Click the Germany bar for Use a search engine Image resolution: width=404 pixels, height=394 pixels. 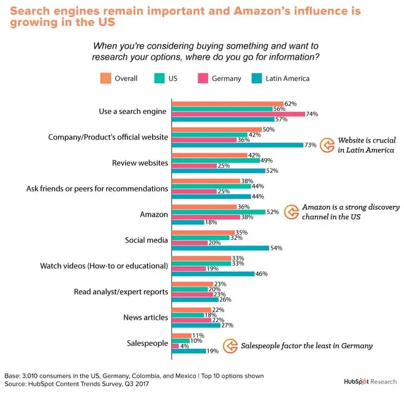(238, 114)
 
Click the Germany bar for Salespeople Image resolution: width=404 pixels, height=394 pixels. (175, 345)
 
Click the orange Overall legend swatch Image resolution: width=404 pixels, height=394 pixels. (106, 78)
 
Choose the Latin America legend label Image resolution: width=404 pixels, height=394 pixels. (288, 78)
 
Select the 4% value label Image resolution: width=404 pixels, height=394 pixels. (185, 345)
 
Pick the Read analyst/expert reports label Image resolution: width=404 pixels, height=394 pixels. (121, 292)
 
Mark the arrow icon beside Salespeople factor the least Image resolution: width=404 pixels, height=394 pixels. (230, 345)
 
